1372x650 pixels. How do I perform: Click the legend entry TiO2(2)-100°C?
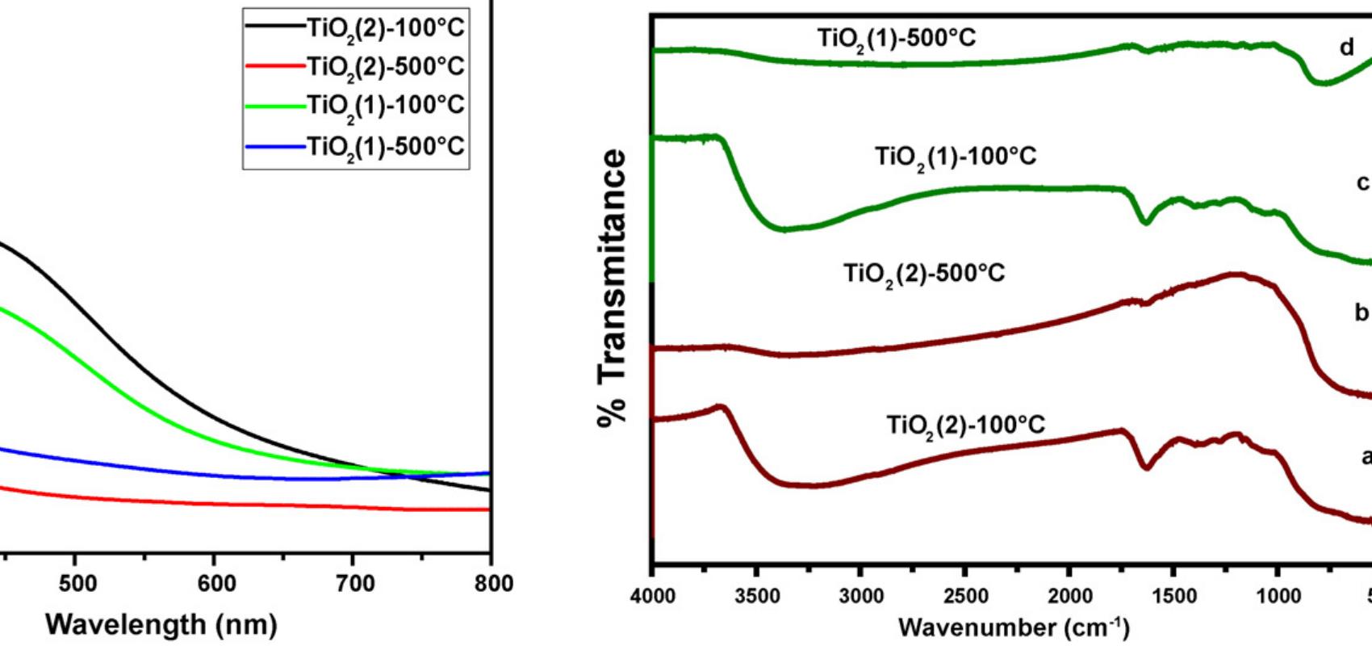coord(385,28)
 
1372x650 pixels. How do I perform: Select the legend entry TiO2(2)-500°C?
coord(385,66)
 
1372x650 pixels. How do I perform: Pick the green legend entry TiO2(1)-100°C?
coord(385,106)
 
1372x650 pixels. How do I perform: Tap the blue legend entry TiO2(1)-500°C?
coord(385,145)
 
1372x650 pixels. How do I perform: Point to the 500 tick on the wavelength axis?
coord(77,584)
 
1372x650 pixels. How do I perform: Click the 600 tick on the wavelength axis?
coord(216,584)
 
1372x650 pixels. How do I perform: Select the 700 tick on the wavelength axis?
coord(355,584)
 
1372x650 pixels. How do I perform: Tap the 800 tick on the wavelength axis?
coord(493,584)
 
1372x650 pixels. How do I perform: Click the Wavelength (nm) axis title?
coord(161,623)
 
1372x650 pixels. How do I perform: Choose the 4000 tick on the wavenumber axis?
coord(653,597)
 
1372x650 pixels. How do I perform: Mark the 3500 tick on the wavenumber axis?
coord(757,597)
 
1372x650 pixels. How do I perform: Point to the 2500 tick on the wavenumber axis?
coord(965,597)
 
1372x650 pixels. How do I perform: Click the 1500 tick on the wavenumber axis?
coord(1173,597)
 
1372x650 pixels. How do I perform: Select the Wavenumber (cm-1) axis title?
coord(1014,627)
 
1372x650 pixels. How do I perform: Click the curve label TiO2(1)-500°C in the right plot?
coord(897,39)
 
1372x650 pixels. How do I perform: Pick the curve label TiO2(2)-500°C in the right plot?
coord(924,274)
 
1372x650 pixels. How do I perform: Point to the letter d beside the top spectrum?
coord(1347,48)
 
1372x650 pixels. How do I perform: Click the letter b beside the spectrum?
coord(1362,312)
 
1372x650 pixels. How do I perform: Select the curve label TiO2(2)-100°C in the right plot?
coord(965,425)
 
